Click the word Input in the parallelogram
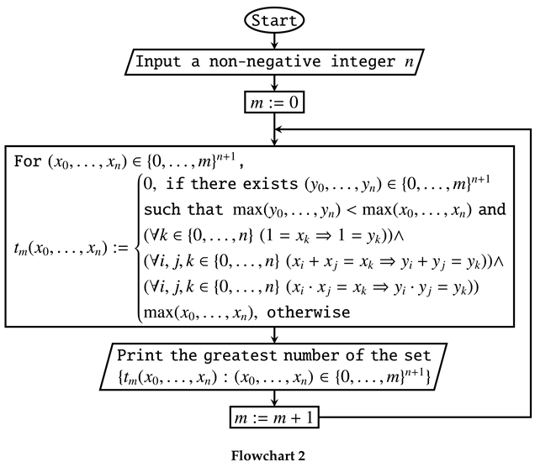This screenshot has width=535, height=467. [156, 61]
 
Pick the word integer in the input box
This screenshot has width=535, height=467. [358, 61]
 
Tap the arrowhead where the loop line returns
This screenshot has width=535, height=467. [281, 130]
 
